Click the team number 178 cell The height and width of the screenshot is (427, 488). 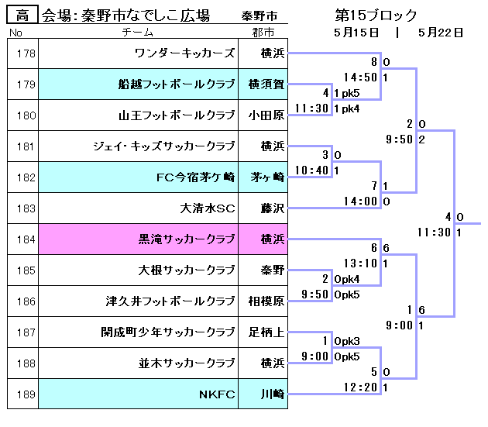point(22,53)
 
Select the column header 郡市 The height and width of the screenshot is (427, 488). point(263,33)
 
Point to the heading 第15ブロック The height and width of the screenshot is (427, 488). point(376,15)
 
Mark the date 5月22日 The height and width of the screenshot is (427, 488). point(440,33)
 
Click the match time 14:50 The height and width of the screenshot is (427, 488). point(361,77)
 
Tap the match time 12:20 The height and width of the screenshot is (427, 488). point(361,387)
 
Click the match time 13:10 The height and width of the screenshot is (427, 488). point(361,263)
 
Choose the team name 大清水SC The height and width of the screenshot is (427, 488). point(207,208)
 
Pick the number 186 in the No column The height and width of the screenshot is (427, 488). point(22,301)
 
